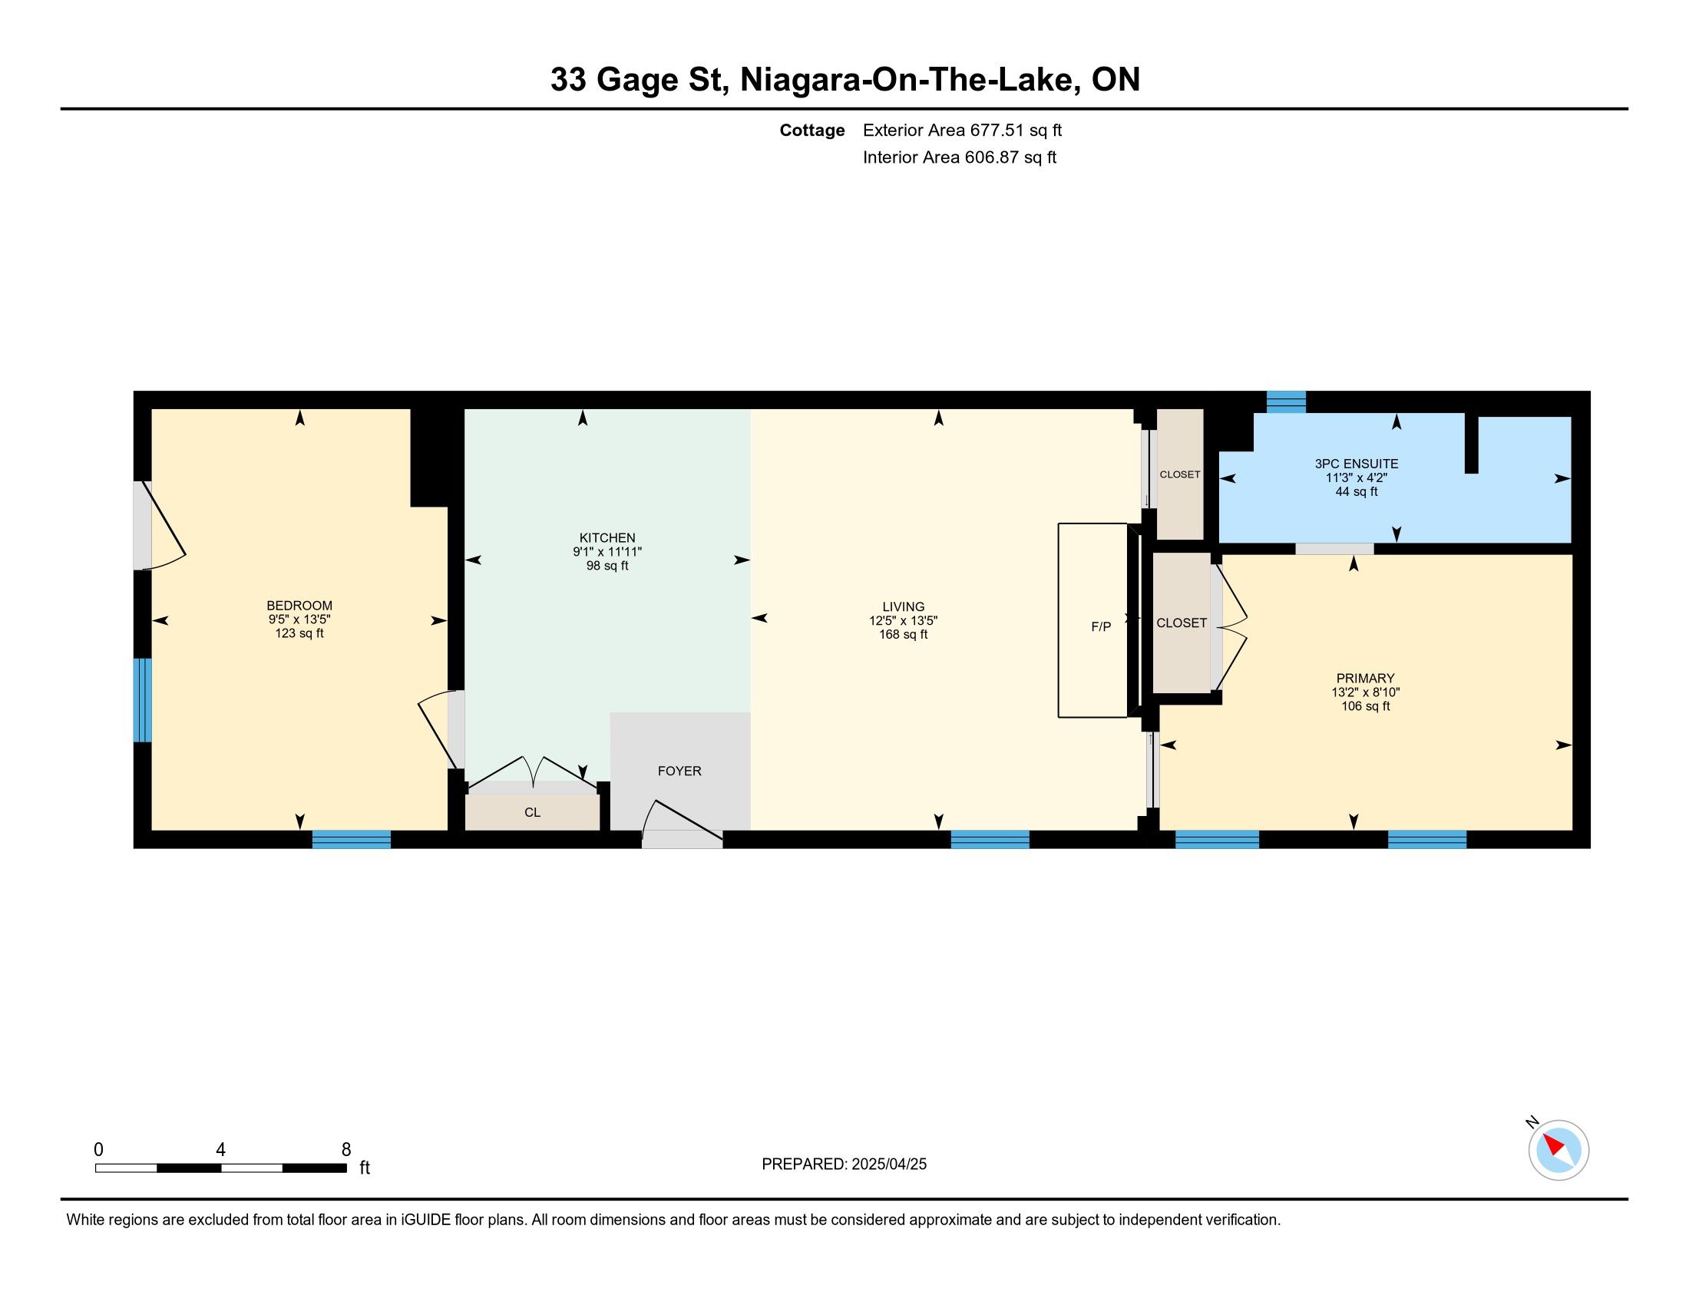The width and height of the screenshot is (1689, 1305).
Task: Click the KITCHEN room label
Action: coord(607,537)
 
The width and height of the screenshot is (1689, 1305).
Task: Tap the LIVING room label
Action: coord(904,607)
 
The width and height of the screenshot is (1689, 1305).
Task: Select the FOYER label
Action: coord(679,771)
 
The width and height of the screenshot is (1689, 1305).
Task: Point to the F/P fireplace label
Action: coord(1100,626)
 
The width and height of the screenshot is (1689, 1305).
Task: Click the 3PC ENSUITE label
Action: coord(1357,464)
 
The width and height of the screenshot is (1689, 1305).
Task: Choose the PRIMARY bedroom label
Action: coord(1365,678)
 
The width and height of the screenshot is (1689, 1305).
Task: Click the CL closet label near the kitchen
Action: coord(532,812)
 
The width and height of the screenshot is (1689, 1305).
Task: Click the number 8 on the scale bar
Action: coord(345,1149)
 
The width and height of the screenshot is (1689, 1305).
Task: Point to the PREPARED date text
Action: coord(844,1164)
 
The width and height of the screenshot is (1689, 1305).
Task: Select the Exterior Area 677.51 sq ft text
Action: coord(962,130)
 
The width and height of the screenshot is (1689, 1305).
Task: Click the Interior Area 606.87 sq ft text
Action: coord(959,157)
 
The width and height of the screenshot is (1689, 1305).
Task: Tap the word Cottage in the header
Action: coord(812,130)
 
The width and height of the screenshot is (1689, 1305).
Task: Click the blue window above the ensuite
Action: coord(1286,401)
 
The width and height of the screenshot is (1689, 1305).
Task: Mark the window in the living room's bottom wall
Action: coord(990,839)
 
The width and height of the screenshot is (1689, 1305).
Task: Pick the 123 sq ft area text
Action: coord(299,633)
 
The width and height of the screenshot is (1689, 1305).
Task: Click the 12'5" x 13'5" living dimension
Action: coord(904,621)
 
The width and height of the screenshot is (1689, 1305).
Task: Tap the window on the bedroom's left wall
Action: coord(142,699)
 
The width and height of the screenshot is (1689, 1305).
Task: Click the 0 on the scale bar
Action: coord(98,1149)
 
